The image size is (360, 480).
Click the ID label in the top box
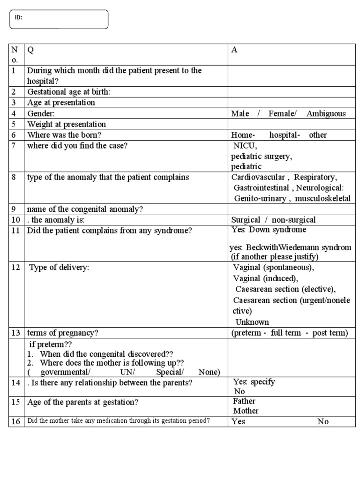(19, 17)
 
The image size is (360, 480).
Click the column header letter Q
(31, 51)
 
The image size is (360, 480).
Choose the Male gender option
(240, 113)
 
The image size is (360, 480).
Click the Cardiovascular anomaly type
(258, 177)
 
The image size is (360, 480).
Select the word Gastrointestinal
(262, 188)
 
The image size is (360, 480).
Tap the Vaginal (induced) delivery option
(265, 278)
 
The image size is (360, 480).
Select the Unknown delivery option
(252, 322)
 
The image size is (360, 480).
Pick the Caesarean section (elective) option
(285, 289)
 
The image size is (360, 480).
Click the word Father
(244, 401)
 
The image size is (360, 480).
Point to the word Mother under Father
(246, 411)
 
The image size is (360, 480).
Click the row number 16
(15, 421)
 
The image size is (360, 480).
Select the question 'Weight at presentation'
(67, 124)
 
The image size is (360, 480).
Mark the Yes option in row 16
(238, 421)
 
